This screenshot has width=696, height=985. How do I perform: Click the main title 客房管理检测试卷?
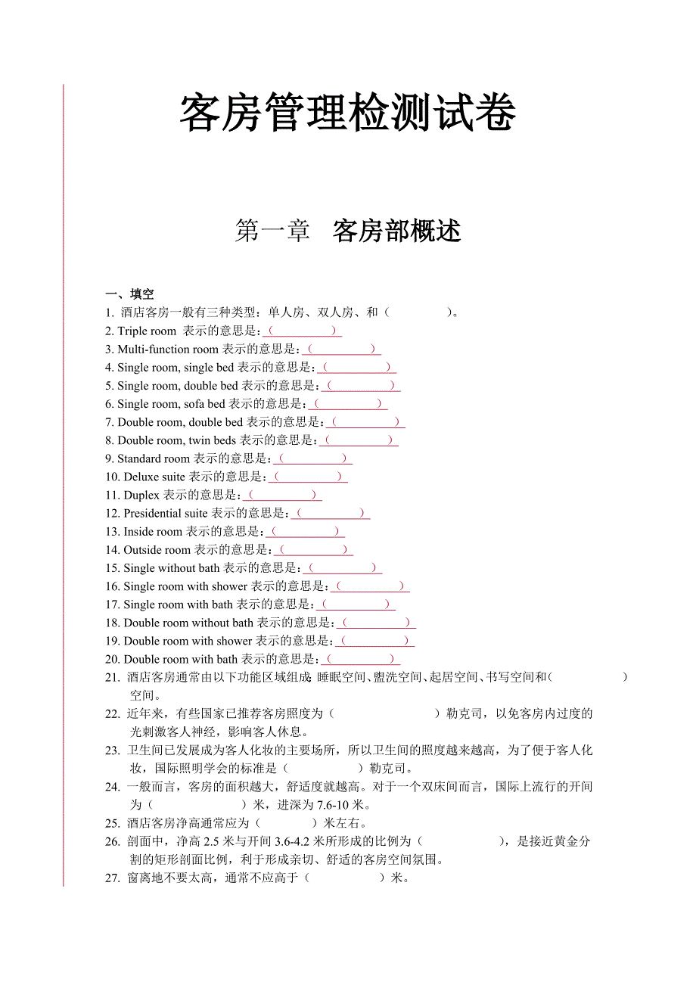(x=348, y=114)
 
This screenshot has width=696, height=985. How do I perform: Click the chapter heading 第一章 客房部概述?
(x=348, y=231)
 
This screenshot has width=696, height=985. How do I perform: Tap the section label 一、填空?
(x=129, y=294)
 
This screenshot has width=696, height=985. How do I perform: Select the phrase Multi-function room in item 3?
(x=167, y=350)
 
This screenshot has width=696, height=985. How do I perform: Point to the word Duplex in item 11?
(x=141, y=496)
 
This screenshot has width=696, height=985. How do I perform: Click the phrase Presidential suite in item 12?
(x=165, y=514)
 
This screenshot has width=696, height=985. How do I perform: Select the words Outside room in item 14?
(x=157, y=550)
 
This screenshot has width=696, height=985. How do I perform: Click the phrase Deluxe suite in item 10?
(x=154, y=477)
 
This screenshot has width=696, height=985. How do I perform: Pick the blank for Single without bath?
(x=343, y=568)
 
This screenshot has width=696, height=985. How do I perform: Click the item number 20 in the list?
(x=113, y=660)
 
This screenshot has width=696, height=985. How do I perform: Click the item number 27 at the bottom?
(x=113, y=878)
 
